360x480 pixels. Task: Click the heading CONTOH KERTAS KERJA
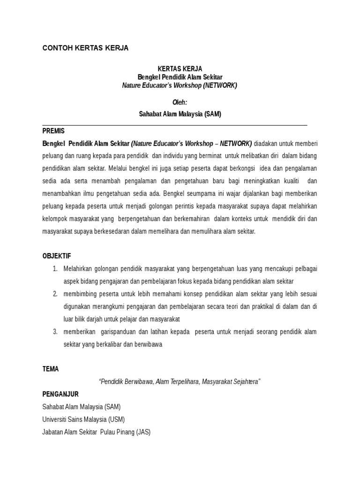coord(85,48)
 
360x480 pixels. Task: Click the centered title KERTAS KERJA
coord(180,68)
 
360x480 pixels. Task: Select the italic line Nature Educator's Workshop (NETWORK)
coord(180,85)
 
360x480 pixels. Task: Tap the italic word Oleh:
coord(180,102)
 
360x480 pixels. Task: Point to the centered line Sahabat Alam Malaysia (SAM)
coord(180,114)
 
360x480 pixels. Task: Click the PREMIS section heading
coord(53,131)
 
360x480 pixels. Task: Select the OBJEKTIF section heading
coord(57,256)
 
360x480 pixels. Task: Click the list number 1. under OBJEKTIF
coord(55,269)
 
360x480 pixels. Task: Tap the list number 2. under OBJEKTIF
coord(55,294)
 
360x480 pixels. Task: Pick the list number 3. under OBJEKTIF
coord(55,332)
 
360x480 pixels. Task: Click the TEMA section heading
coord(51,369)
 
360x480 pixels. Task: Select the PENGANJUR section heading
coord(60,394)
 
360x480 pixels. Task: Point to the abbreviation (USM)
coord(117,420)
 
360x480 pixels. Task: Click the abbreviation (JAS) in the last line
coord(143,432)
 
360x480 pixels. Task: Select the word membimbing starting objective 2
coord(80,294)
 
